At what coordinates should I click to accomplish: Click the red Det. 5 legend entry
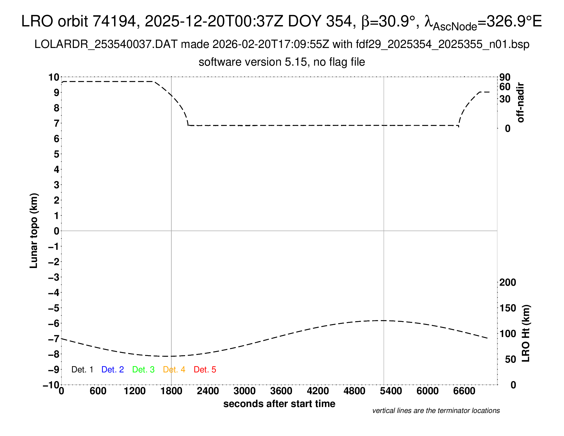[205, 370]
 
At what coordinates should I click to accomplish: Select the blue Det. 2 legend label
[113, 370]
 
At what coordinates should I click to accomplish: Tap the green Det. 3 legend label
[143, 370]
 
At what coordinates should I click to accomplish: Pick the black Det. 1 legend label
[82, 370]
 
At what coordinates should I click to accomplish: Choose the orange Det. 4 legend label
[174, 370]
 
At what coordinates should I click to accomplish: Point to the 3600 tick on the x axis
[281, 391]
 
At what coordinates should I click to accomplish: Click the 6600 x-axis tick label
[464, 391]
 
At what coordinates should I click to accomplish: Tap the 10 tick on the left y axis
[54, 77]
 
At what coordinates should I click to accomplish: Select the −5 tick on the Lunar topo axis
[54, 308]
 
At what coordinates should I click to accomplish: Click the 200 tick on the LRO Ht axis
[508, 282]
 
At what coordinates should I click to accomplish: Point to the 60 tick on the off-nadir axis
[505, 87]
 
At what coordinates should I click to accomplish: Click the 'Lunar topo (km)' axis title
[34, 231]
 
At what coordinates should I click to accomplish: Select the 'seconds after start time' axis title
[279, 404]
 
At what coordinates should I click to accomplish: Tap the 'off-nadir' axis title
[520, 103]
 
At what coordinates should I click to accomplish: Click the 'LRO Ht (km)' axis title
[526, 333]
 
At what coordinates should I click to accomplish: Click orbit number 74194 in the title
[114, 21]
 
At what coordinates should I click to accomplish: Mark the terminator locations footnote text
[436, 411]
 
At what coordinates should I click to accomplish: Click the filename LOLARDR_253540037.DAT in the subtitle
[106, 44]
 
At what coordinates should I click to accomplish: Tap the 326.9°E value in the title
[514, 21]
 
